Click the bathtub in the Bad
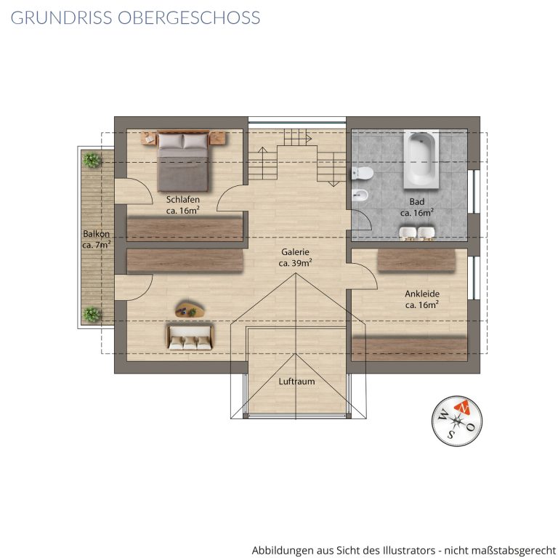[x=421, y=159]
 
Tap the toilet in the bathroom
[x=362, y=174]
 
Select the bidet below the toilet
[x=361, y=194]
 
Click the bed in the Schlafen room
[x=183, y=161]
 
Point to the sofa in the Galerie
[x=190, y=336]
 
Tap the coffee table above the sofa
[x=190, y=310]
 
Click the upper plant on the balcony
[x=92, y=160]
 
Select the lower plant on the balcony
[x=92, y=314]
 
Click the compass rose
[x=457, y=421]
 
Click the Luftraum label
[x=296, y=381]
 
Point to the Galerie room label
[x=295, y=251]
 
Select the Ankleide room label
[x=422, y=294]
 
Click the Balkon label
[x=96, y=234]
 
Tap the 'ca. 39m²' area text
[x=296, y=263]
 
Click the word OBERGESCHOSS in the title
[x=189, y=17]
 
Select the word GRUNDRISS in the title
[x=61, y=17]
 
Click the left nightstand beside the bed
[x=149, y=138]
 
